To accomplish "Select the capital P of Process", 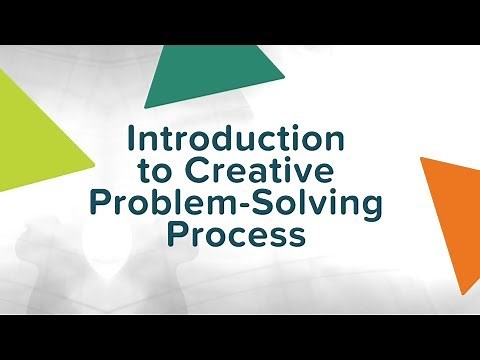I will [176, 237].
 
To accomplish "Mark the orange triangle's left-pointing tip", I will [421, 161].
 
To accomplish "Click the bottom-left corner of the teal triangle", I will [146, 106].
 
